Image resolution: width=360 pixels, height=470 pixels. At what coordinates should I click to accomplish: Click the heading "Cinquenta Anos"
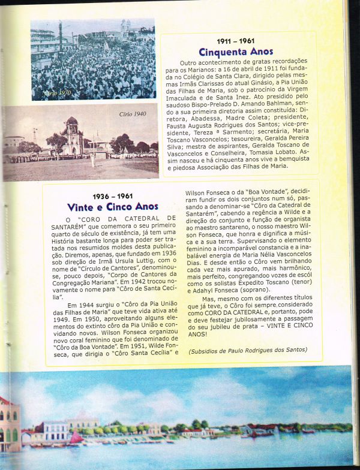pos(236,52)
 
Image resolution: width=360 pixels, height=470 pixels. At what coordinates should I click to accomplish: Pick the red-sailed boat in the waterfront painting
pos(76,439)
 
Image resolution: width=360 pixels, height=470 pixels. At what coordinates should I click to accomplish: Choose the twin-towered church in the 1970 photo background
pos(125,28)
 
